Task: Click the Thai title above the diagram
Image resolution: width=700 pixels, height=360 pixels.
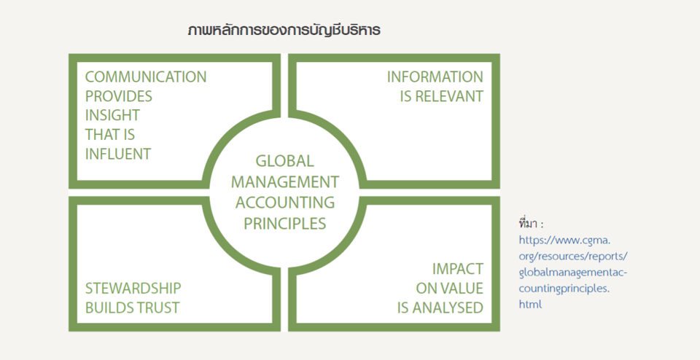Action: tap(284, 31)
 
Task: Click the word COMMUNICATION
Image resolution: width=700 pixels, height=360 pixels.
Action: tap(146, 77)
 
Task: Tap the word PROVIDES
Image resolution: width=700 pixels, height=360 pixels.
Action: tap(119, 96)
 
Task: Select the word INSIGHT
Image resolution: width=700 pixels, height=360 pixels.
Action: tap(112, 115)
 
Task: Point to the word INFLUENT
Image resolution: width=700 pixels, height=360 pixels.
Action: tap(118, 154)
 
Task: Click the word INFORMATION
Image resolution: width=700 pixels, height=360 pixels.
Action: tap(435, 77)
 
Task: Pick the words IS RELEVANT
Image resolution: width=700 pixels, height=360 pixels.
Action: tap(442, 96)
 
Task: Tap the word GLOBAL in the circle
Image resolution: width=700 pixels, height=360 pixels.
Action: tap(285, 161)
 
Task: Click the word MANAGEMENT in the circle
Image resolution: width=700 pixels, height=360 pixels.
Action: tap(285, 182)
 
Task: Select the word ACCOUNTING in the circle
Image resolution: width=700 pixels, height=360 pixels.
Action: tap(285, 203)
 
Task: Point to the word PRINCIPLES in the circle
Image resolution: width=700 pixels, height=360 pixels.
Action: tap(285, 223)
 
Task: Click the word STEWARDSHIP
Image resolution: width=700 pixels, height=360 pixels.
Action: tap(133, 288)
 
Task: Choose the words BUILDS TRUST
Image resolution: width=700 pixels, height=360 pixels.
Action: tap(132, 308)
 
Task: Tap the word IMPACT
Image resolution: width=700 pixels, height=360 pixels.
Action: tap(458, 269)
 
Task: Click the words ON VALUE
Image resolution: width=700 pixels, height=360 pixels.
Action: tap(450, 288)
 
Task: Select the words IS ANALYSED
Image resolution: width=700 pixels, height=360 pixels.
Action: tap(440, 308)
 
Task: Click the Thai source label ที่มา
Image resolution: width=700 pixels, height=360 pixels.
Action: tap(531, 223)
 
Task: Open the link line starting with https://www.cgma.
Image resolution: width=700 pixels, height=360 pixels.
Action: tap(564, 240)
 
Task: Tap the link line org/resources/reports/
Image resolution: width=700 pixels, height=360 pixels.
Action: tap(573, 257)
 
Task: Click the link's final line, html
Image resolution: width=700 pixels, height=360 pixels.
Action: tap(530, 304)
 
